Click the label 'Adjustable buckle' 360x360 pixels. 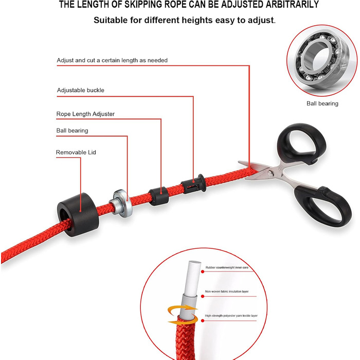(81, 90)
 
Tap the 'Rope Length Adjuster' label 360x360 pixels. (85, 114)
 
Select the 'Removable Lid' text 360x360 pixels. (76, 152)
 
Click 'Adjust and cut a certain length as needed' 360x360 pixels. (112, 60)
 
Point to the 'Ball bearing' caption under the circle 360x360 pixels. (322, 103)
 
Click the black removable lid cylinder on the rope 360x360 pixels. (78, 214)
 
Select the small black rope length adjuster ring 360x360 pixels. (158, 196)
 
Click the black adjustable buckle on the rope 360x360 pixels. (193, 184)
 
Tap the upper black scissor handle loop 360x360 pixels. (302, 142)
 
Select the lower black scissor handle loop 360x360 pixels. (323, 206)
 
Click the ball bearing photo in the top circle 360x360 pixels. (322, 61)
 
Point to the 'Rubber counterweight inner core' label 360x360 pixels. (227, 267)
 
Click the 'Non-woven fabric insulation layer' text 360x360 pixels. (227, 292)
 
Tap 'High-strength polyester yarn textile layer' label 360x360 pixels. (231, 316)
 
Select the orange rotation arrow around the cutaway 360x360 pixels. (183, 315)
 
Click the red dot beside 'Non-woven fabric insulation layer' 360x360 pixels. (203, 296)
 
